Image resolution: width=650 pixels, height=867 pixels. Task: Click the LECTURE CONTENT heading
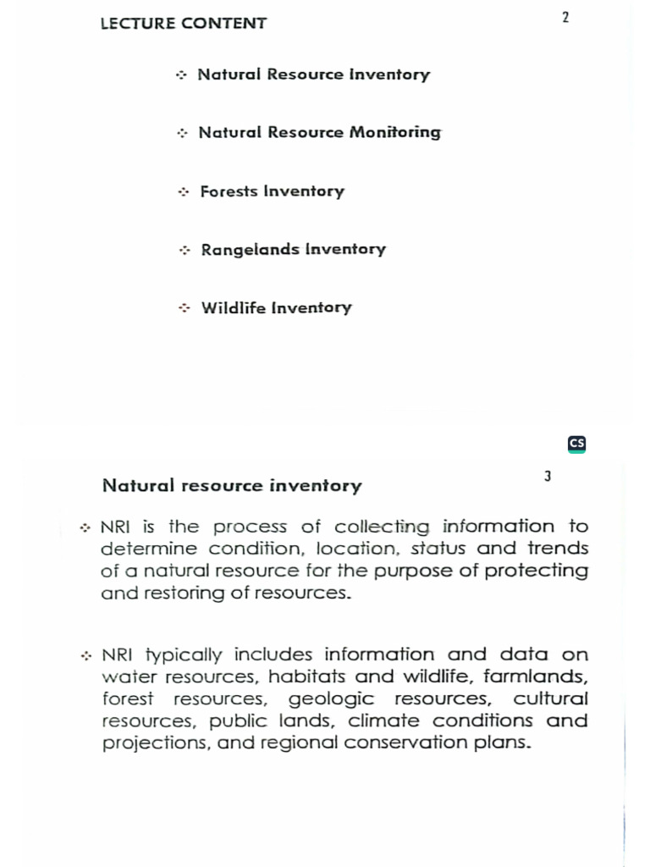[183, 24]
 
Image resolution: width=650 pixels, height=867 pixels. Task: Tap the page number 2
[565, 18]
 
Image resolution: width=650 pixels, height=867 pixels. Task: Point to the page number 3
[548, 477]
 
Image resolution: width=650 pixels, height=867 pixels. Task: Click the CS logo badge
[576, 444]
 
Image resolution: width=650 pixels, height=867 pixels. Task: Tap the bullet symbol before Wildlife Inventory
[184, 308]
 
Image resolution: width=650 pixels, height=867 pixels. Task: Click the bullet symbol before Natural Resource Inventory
[180, 75]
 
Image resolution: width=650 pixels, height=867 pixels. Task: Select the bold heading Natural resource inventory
[231, 486]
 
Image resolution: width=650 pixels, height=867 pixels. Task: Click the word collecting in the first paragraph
[383, 527]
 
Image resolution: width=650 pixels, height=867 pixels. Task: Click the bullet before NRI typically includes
[86, 656]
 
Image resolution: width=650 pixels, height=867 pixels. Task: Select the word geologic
[331, 699]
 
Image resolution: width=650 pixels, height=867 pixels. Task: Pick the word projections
[155, 743]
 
